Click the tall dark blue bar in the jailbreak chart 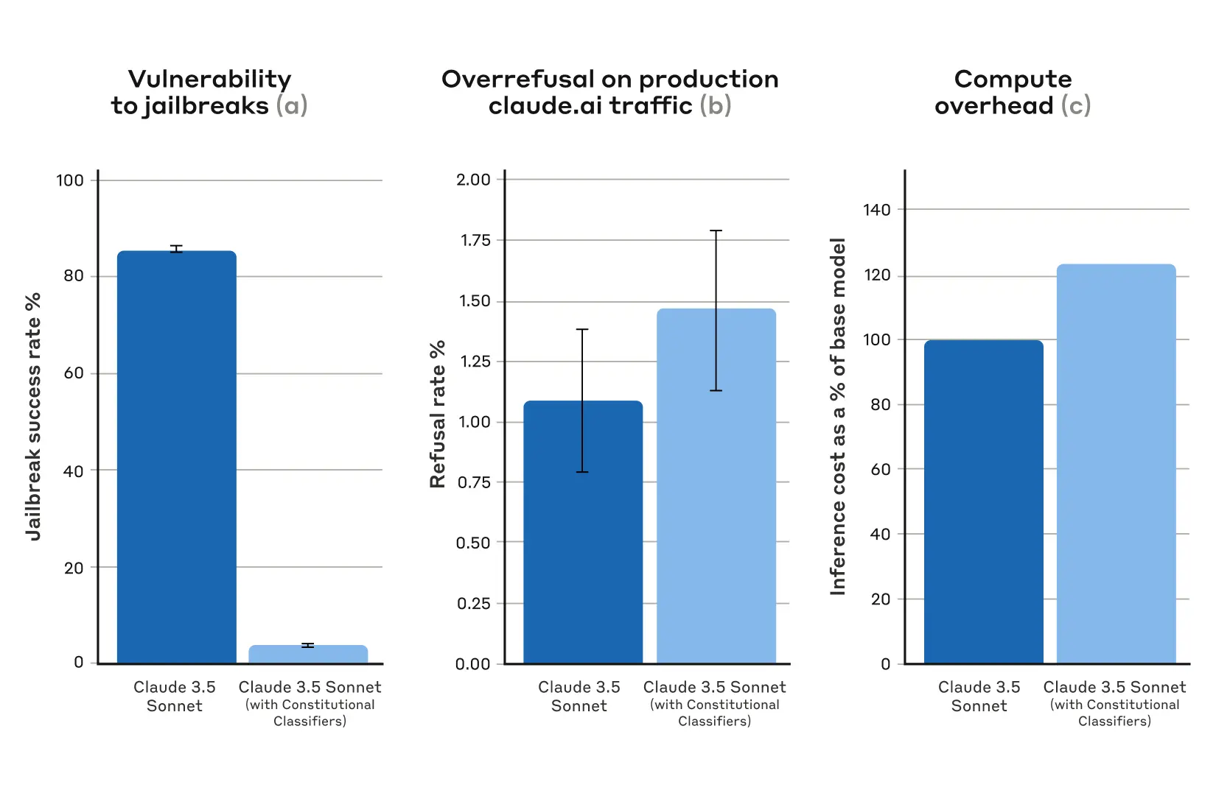coord(177,457)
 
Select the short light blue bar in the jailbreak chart coord(308,655)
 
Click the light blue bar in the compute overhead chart coord(1116,464)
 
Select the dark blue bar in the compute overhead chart coord(983,501)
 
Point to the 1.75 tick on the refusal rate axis coord(475,240)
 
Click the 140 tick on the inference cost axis coord(877,210)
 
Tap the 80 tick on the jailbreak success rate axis coord(74,276)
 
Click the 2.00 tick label coord(473,180)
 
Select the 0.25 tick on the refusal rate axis coord(473,604)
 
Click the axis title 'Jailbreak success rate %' coord(33,417)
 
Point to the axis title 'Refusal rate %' coord(438,414)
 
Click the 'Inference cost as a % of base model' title coord(838,417)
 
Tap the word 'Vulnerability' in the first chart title coord(209,80)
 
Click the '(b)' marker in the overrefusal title coord(715,106)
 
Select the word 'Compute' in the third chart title coord(1013,80)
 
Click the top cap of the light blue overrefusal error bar coord(716,230)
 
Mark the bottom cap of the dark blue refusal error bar coord(582,472)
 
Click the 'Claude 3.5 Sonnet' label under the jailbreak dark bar coord(175,696)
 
